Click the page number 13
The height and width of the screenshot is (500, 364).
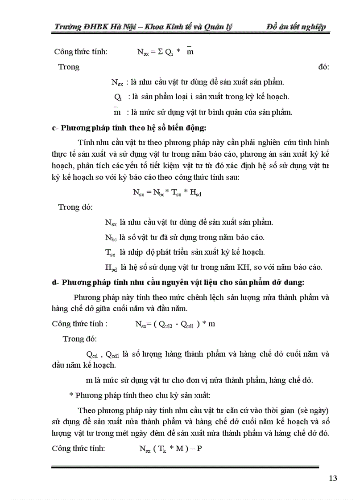coord(332,478)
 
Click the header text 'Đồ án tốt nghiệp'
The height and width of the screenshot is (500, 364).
coord(296,27)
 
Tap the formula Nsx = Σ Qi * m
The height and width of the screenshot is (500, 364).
coord(165,52)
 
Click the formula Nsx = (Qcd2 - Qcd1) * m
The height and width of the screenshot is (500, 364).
coord(175,324)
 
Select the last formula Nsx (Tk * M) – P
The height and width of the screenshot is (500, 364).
coord(171,448)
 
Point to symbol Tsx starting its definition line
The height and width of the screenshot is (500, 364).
coord(110,252)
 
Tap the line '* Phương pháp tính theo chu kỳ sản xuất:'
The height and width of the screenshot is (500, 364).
coord(137,395)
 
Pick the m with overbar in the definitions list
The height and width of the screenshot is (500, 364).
coord(117,112)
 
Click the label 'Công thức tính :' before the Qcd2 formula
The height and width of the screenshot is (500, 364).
coord(80,324)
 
